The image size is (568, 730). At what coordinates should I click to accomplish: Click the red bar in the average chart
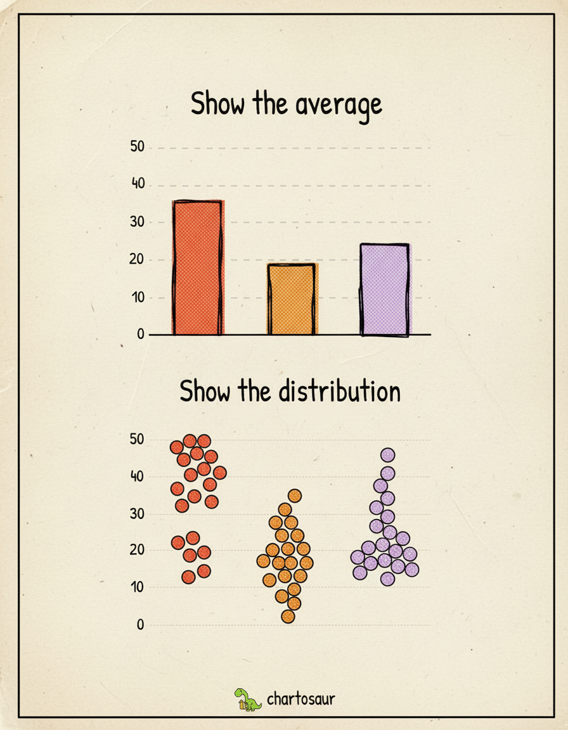(x=197, y=267)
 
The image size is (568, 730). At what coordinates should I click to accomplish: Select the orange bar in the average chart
(x=292, y=299)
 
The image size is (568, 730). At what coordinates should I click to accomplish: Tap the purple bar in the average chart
(x=385, y=289)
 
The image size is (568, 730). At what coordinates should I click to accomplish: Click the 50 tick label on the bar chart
(x=138, y=147)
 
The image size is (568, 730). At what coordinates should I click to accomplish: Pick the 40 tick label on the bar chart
(x=138, y=184)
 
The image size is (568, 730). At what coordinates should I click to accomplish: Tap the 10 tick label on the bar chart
(x=138, y=297)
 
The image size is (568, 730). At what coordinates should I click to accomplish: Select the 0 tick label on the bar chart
(x=141, y=335)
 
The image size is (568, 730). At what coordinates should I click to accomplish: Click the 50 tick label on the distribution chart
(x=138, y=439)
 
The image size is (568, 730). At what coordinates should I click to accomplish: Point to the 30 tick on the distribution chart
(x=138, y=514)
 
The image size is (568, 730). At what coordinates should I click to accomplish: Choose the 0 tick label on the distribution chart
(x=141, y=625)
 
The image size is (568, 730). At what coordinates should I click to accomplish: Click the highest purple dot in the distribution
(x=387, y=454)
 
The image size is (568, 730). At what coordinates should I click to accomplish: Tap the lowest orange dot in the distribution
(x=288, y=617)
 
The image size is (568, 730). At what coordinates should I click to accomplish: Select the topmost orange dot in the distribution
(x=294, y=496)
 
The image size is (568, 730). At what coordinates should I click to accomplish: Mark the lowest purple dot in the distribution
(x=387, y=579)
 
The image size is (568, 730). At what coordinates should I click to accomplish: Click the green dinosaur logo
(x=248, y=699)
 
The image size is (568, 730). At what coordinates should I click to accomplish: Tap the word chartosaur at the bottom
(x=300, y=699)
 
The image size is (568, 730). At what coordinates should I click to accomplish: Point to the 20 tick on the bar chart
(x=138, y=260)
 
